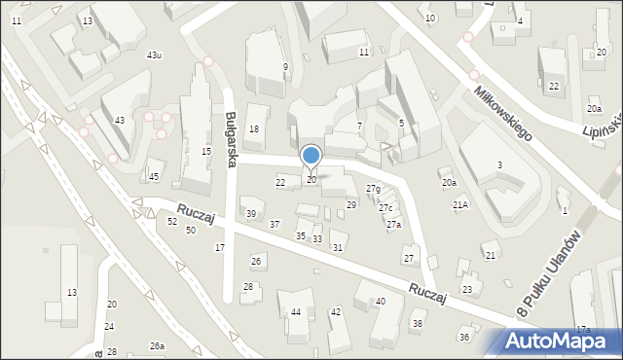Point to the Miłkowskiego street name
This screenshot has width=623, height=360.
(503, 114)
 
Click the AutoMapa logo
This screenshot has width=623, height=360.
(558, 342)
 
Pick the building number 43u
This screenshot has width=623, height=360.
(154, 55)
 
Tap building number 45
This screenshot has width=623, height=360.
(154, 176)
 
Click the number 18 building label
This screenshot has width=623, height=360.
(254, 129)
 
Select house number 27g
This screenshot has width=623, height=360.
(373, 188)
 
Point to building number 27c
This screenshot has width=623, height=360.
(385, 208)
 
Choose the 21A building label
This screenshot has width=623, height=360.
(460, 205)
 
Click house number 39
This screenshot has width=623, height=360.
(250, 214)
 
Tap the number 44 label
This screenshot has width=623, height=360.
(295, 312)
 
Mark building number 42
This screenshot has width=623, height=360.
(336, 312)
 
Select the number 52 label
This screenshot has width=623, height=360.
(172, 222)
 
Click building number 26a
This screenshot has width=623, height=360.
(157, 346)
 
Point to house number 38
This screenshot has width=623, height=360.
(418, 324)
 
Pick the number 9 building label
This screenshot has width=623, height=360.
(285, 67)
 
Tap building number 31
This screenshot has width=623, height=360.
(338, 248)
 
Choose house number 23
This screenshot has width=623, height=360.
(467, 290)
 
